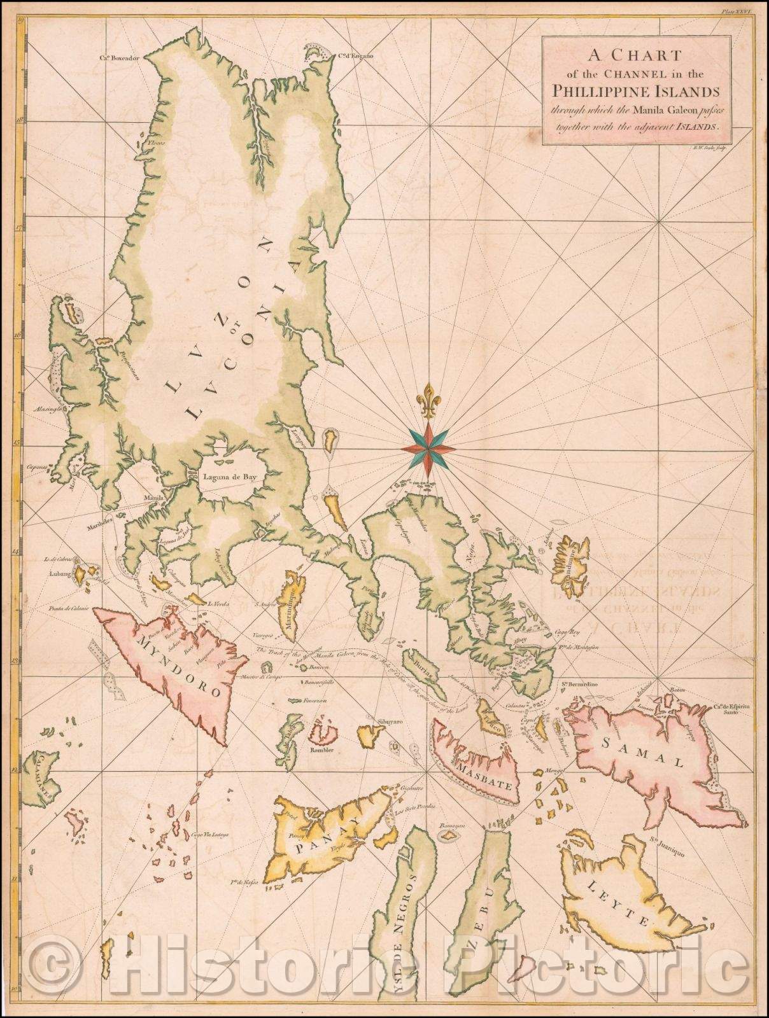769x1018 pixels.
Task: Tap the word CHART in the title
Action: (x=640, y=53)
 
